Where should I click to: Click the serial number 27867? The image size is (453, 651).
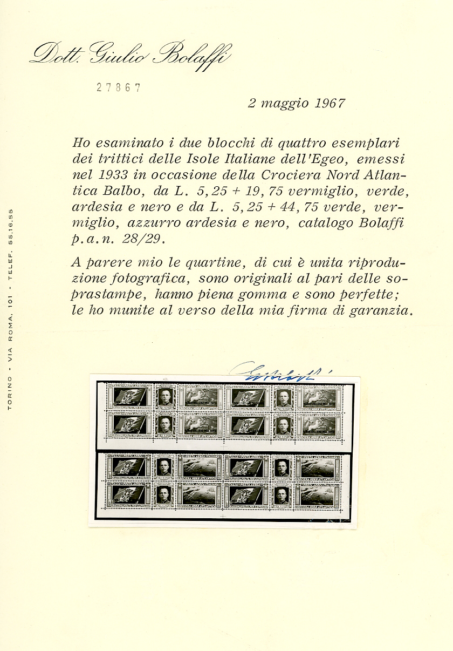[119, 88]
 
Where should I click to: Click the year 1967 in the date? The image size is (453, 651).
[328, 104]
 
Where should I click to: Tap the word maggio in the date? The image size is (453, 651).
[285, 104]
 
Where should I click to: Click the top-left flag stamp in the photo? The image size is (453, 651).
[129, 396]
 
